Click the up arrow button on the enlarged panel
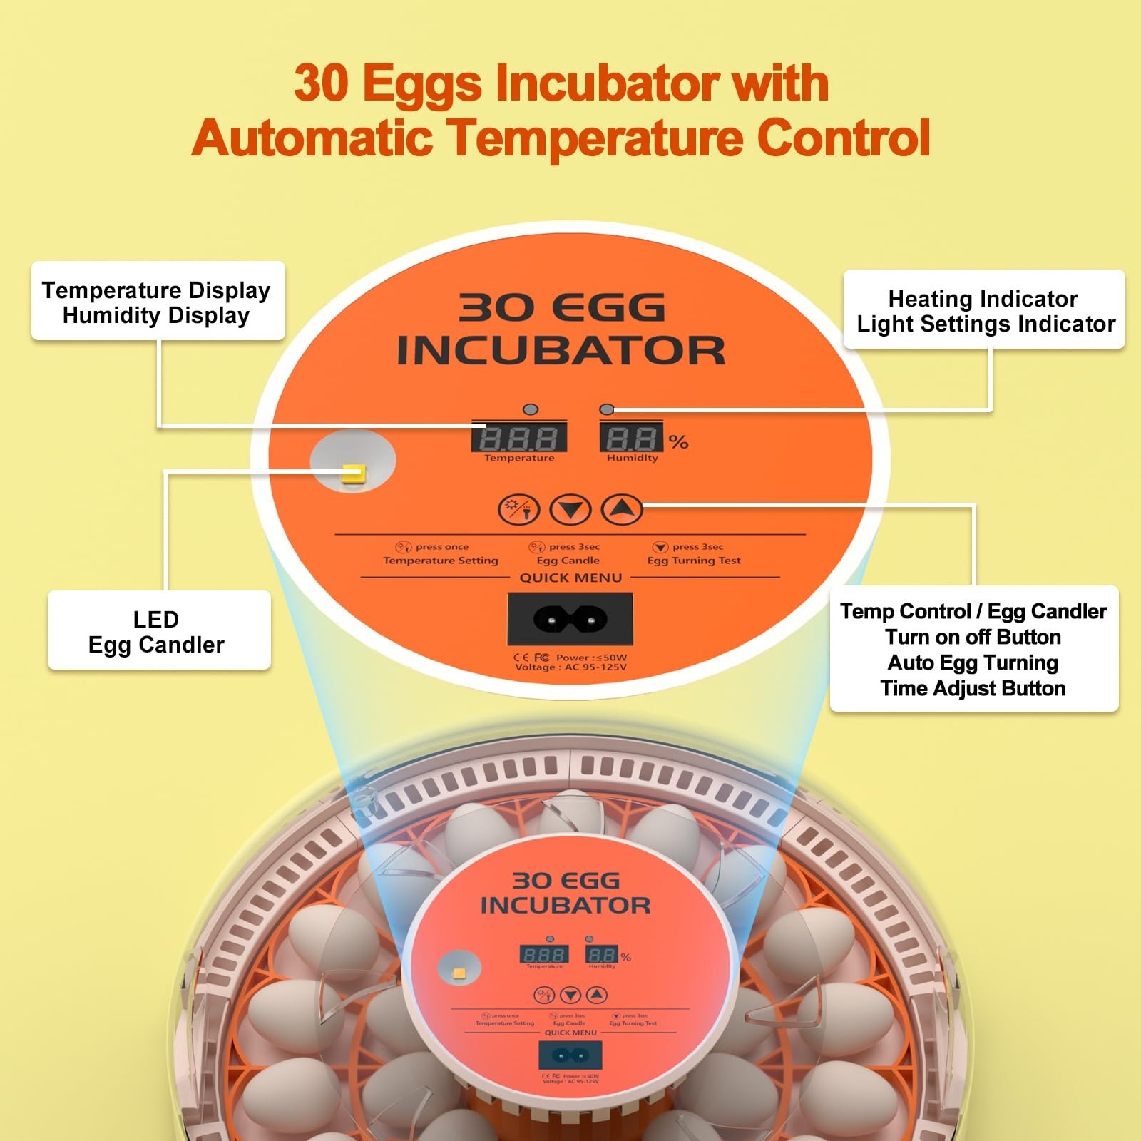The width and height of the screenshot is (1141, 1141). (x=622, y=508)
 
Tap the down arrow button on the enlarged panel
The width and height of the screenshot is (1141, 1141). (x=570, y=509)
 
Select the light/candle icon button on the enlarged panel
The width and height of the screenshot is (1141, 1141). (x=518, y=509)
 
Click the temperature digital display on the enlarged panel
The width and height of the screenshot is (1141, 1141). (x=519, y=436)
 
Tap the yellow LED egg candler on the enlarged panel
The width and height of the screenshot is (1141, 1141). (x=353, y=473)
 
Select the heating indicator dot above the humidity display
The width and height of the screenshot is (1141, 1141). (x=607, y=409)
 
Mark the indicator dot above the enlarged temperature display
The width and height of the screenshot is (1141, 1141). (x=530, y=409)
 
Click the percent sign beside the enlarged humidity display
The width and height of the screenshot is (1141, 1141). (x=678, y=442)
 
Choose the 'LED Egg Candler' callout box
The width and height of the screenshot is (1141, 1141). (x=158, y=631)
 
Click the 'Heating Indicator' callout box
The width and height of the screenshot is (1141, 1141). (x=984, y=310)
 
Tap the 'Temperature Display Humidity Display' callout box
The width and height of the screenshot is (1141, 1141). (x=157, y=302)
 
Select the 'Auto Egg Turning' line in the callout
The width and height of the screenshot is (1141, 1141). (x=973, y=662)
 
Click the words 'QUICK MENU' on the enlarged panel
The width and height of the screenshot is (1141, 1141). (x=570, y=578)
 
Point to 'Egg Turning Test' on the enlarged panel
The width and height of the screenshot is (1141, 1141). (x=694, y=561)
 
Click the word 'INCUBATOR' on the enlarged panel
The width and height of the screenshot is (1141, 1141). (x=561, y=351)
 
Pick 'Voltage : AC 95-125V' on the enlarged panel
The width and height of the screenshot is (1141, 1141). (x=570, y=667)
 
